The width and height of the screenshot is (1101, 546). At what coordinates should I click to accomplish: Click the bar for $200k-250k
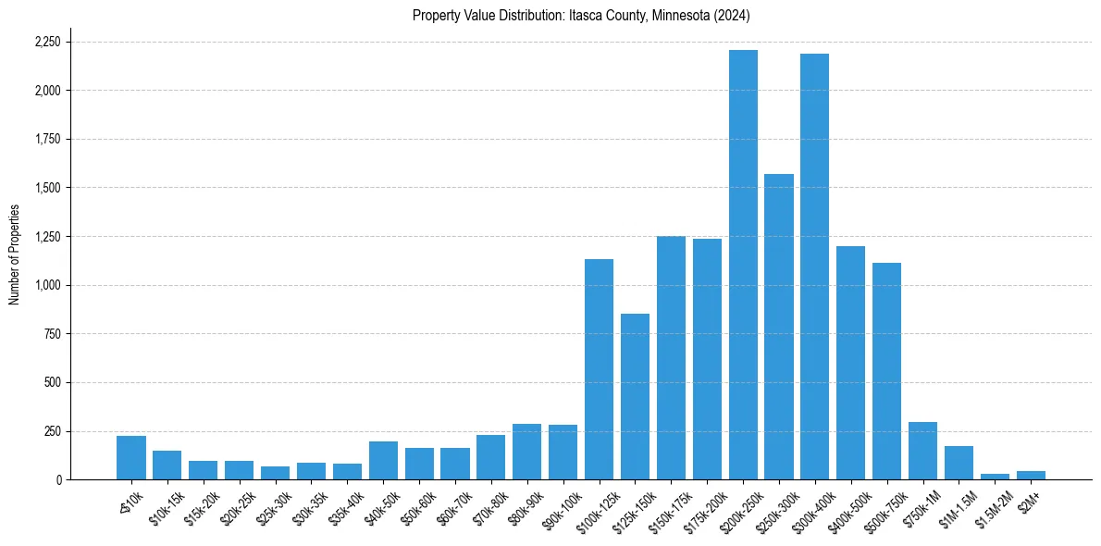point(743,265)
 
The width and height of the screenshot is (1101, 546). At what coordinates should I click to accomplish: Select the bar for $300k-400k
point(815,267)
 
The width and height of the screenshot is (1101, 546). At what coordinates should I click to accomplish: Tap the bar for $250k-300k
point(779,327)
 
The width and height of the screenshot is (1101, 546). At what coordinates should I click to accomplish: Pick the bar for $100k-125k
point(599,369)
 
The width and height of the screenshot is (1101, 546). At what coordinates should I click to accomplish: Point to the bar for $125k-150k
point(635,396)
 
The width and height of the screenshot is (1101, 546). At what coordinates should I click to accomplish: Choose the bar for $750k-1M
point(922,451)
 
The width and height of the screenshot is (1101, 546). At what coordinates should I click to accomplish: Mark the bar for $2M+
point(1031,475)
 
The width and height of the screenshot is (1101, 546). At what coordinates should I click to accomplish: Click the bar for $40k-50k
point(383,460)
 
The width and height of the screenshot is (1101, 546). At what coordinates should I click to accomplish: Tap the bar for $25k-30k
point(275,473)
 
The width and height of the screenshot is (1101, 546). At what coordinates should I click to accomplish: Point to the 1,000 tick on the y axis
point(47,285)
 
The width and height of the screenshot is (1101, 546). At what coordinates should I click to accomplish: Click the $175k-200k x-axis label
point(702,506)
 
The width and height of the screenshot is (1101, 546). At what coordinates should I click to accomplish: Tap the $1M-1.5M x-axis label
point(954,507)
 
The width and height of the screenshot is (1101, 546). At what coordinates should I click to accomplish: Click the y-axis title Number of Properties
point(15,254)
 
